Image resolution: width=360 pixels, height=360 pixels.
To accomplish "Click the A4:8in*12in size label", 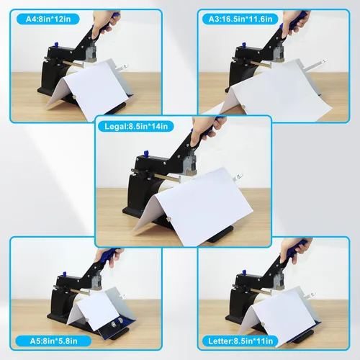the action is pyautogui.click(x=48, y=19).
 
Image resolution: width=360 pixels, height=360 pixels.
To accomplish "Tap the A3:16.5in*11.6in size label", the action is pyautogui.click(x=240, y=19).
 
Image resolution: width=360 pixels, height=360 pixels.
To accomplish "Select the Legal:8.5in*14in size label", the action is pyautogui.click(x=136, y=126).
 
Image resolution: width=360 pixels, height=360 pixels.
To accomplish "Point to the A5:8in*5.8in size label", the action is pyautogui.click(x=53, y=341).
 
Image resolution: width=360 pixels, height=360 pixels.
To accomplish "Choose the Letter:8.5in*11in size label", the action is pyautogui.click(x=240, y=341).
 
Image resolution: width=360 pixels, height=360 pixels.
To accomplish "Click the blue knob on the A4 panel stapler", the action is pyautogui.click(x=56, y=44).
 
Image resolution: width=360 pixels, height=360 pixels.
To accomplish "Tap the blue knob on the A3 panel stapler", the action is pyautogui.click(x=243, y=45).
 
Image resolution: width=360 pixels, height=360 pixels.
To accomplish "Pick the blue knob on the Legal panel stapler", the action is pyautogui.click(x=145, y=153).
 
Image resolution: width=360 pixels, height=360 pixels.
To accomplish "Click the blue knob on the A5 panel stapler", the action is pyautogui.click(x=64, y=274).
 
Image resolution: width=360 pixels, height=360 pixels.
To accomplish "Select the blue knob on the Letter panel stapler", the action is pyautogui.click(x=244, y=272).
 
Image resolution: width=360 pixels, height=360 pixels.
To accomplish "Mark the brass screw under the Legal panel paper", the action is pyautogui.click(x=168, y=218).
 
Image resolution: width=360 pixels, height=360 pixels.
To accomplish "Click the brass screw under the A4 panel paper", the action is pyautogui.click(x=74, y=97).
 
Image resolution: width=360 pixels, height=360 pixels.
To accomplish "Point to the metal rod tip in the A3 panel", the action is pyautogui.click(x=325, y=59).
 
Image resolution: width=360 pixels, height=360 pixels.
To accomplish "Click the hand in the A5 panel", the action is pyautogui.click(x=109, y=258).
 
